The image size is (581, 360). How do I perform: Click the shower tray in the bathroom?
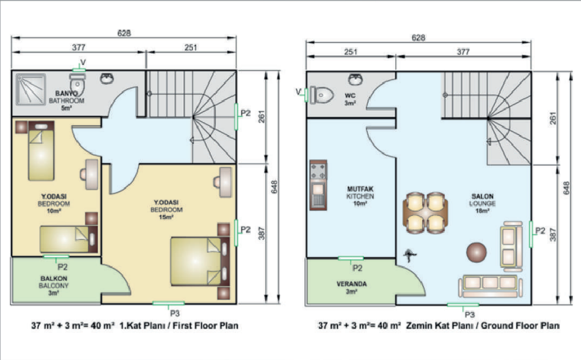31,89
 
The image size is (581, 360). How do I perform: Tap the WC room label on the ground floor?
350,95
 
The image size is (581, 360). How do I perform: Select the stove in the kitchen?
319,171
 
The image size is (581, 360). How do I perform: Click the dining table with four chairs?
425,213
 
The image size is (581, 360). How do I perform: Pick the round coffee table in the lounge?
477,253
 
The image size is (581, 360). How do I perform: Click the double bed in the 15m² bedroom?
200,261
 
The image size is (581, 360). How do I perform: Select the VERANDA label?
352,284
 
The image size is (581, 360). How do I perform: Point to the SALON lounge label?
482,196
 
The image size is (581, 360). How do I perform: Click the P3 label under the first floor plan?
175,313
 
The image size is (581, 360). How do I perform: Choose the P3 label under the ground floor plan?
470,315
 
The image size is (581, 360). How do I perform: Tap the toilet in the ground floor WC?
321,95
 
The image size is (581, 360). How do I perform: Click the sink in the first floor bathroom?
107,78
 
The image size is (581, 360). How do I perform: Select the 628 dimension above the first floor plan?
124,33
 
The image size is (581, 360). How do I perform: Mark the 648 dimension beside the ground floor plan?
566,188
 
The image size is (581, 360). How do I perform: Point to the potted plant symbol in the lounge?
409,255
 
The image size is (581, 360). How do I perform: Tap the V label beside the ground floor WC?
298,91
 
